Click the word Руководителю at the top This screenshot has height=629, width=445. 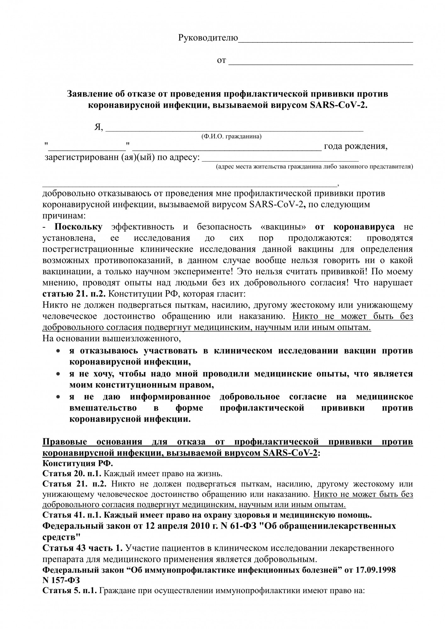[208, 38]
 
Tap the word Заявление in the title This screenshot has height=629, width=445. [88, 94]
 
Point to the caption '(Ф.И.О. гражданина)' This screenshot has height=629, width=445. [231, 136]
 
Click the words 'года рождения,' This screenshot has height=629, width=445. [356, 146]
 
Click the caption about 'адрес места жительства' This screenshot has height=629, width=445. [314, 166]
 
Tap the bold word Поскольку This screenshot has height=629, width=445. [78, 227]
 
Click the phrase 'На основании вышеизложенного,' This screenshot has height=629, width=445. [112, 339]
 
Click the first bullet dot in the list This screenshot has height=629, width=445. [58, 351]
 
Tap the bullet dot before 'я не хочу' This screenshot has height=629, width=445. [58, 374]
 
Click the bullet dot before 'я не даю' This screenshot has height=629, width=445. [58, 397]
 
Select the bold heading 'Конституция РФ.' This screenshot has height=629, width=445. [77, 464]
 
